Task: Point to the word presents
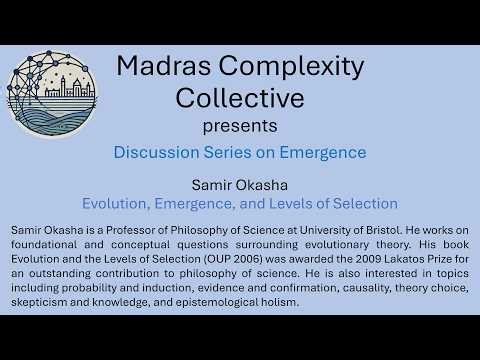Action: point(240,127)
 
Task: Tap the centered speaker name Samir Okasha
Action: point(240,185)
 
